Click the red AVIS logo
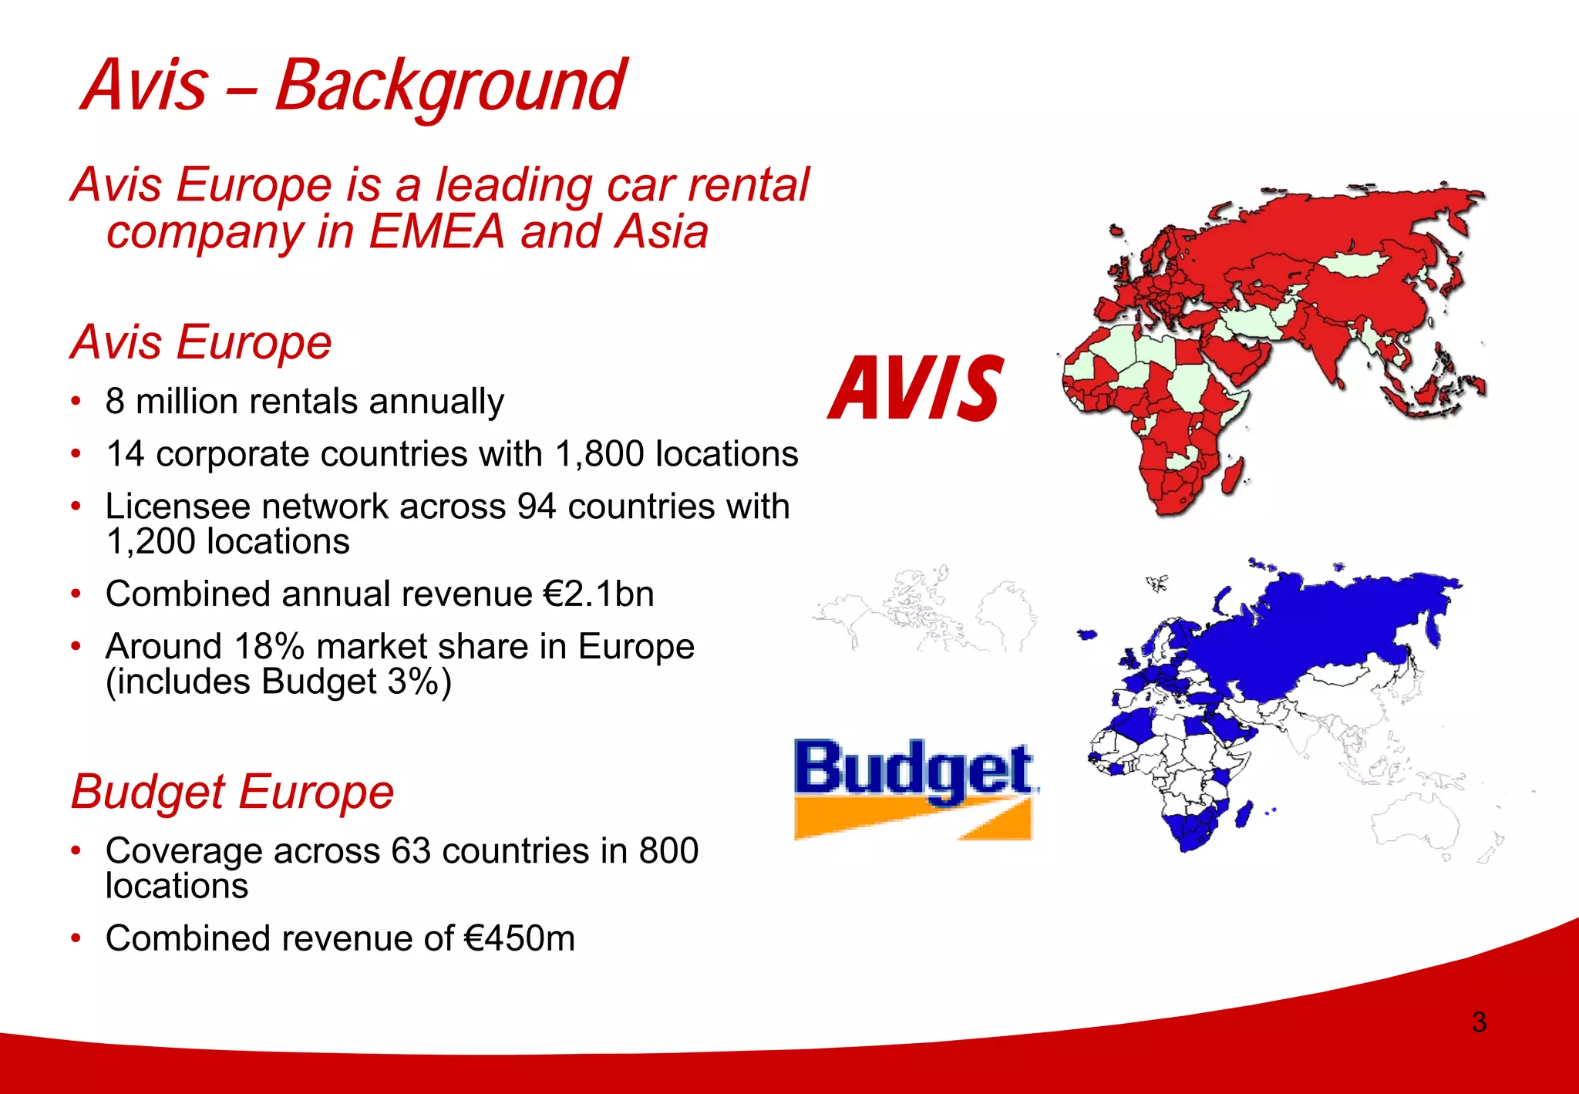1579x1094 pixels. click(x=916, y=388)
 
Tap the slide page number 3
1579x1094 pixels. click(x=1479, y=1022)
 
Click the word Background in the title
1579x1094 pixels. click(x=450, y=86)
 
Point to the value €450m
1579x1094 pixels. click(x=520, y=939)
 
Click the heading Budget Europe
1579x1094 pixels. click(x=232, y=792)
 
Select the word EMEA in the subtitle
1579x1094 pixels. click(x=436, y=231)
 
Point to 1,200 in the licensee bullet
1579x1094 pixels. click(x=151, y=542)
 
